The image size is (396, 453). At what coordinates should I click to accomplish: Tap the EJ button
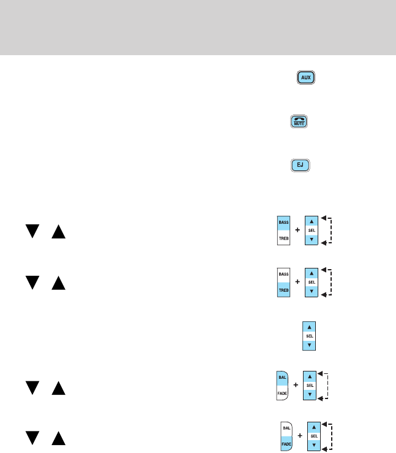point(300,165)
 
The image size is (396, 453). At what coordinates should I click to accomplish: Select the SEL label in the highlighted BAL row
point(311,385)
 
